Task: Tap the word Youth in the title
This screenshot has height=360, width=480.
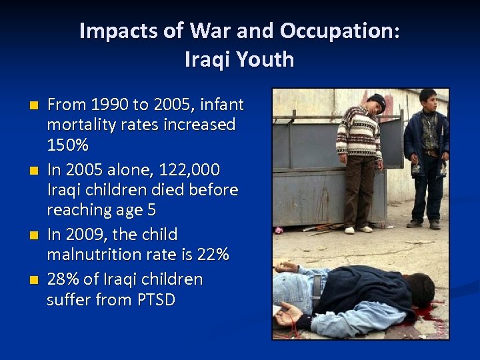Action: coord(265,60)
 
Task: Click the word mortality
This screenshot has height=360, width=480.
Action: coord(85,125)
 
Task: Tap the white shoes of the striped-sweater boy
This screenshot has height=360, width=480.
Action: coord(358,230)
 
